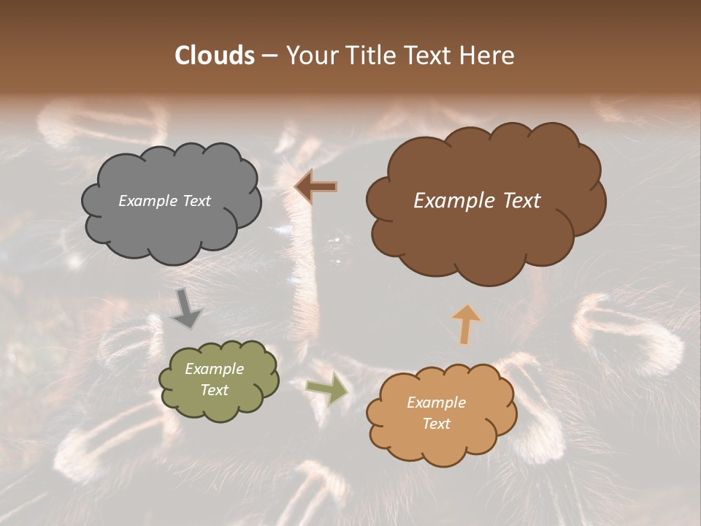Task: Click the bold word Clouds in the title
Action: pyautogui.click(x=214, y=56)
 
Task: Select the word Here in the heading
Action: pyautogui.click(x=487, y=56)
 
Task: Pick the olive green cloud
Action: pyautogui.click(x=219, y=405)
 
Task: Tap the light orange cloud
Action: pyautogui.click(x=442, y=446)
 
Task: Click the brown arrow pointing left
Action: pyautogui.click(x=315, y=187)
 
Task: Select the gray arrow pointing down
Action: pyautogui.click(x=187, y=308)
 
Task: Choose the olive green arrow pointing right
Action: pyautogui.click(x=326, y=389)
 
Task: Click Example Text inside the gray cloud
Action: pyautogui.click(x=164, y=201)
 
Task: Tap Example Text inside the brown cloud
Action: pyautogui.click(x=477, y=201)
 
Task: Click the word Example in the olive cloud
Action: pyautogui.click(x=214, y=369)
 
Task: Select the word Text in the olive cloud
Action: pyautogui.click(x=214, y=390)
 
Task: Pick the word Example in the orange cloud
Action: pyautogui.click(x=436, y=403)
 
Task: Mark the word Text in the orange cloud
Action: pyautogui.click(x=436, y=424)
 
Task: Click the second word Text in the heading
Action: pyautogui.click(x=426, y=56)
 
